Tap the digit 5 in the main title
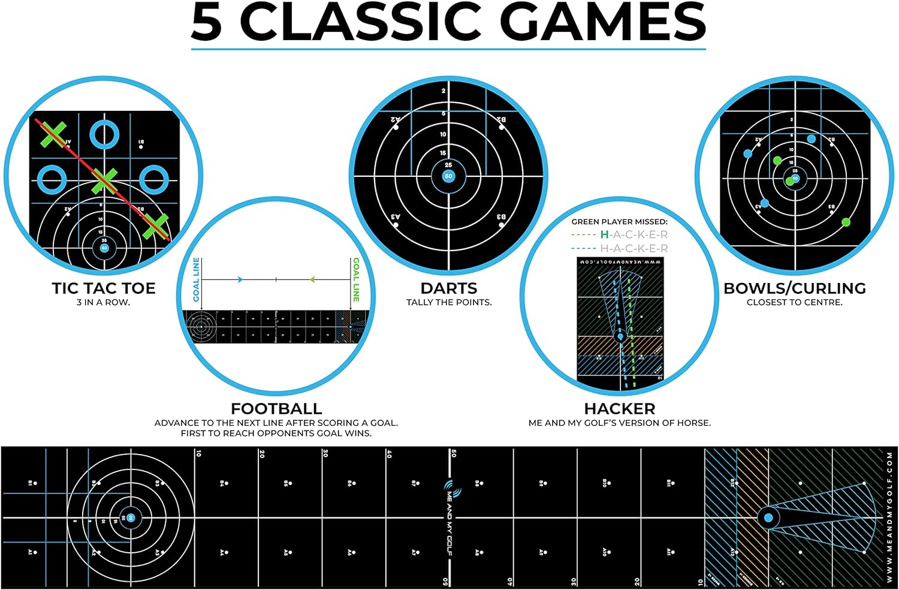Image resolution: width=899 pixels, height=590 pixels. pos(207,22)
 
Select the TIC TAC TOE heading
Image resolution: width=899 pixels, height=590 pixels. pos(104,288)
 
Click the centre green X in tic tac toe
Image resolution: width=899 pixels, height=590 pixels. pos(104,179)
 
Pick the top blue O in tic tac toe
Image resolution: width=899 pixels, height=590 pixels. pos(104,134)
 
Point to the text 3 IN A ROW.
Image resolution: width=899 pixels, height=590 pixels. pos(103,302)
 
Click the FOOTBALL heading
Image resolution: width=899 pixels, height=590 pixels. pos(276,409)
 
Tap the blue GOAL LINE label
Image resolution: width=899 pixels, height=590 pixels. pos(196,280)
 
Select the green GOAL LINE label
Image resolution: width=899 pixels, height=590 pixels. pos(356,279)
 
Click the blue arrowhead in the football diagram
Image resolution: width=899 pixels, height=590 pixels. pos(240,279)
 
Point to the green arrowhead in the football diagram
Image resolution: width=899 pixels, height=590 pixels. pos(312,279)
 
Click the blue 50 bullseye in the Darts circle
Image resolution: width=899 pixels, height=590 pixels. pos(448,176)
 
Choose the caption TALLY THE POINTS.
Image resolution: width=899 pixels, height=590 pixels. pos(449,302)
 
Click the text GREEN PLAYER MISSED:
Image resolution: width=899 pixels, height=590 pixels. pos(619,222)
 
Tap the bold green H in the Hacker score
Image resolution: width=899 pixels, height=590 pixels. pos(604,234)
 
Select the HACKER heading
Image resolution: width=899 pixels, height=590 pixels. pos(620,409)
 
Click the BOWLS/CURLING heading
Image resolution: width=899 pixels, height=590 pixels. pos(795,288)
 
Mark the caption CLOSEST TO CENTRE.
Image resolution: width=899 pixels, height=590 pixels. pos(795,302)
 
